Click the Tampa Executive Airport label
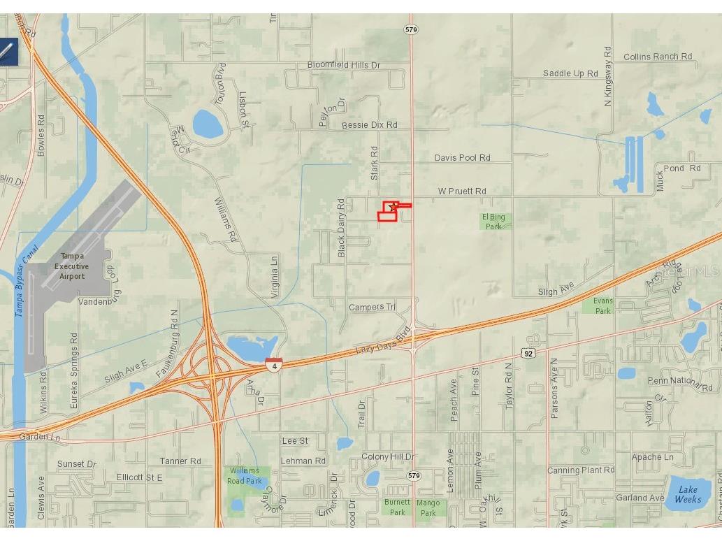click(72, 266)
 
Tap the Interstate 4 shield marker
click(274, 364)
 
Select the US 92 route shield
click(528, 354)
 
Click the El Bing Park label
click(494, 222)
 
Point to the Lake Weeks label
click(688, 494)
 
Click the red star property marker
click(392, 207)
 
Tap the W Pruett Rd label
click(462, 191)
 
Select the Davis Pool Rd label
click(462, 158)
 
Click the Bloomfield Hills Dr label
click(344, 65)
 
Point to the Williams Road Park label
click(244, 476)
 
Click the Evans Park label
click(603, 305)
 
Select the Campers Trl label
click(372, 307)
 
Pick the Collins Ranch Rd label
click(657, 57)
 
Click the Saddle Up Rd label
click(570, 73)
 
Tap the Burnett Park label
click(397, 507)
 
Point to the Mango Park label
click(428, 507)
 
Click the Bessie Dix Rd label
click(369, 125)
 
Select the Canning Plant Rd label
click(580, 470)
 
